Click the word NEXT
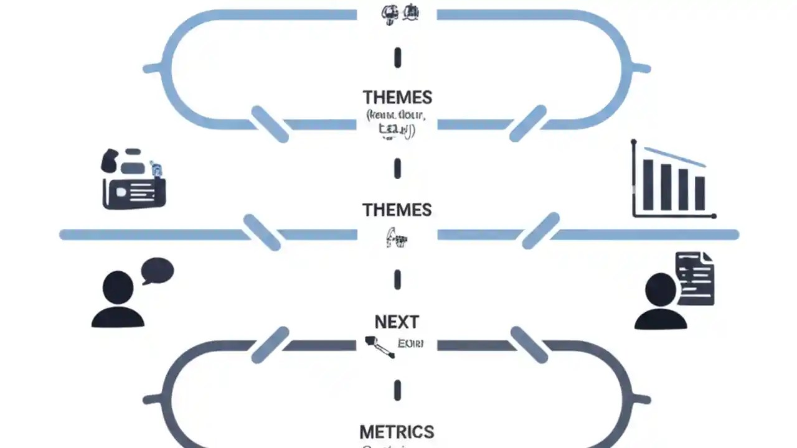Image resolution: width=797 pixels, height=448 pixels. pyautogui.click(x=397, y=322)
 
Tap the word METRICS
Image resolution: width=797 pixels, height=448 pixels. pyautogui.click(x=397, y=432)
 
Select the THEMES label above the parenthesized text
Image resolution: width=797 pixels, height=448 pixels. pyautogui.click(x=397, y=98)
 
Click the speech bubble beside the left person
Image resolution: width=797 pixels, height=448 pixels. pyautogui.click(x=158, y=271)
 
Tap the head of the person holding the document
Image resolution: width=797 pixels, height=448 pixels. pyautogui.click(x=661, y=290)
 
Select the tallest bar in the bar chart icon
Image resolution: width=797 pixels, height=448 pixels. pyautogui.click(x=649, y=185)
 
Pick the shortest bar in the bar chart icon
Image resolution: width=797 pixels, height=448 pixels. pyautogui.click(x=700, y=194)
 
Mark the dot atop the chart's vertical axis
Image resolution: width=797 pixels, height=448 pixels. pyautogui.click(x=634, y=142)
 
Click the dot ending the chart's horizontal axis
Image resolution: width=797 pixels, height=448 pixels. pyautogui.click(x=714, y=216)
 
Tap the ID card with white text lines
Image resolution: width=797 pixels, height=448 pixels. pyautogui.click(x=134, y=192)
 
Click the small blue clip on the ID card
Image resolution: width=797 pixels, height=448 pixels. pyautogui.click(x=156, y=168)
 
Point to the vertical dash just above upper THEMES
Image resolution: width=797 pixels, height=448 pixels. pyautogui.click(x=397, y=58)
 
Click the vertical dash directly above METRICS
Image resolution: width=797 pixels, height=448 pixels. pyautogui.click(x=397, y=391)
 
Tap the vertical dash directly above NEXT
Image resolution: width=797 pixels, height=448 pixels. pyautogui.click(x=397, y=280)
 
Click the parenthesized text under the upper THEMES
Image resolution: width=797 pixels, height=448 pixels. pyautogui.click(x=396, y=123)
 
